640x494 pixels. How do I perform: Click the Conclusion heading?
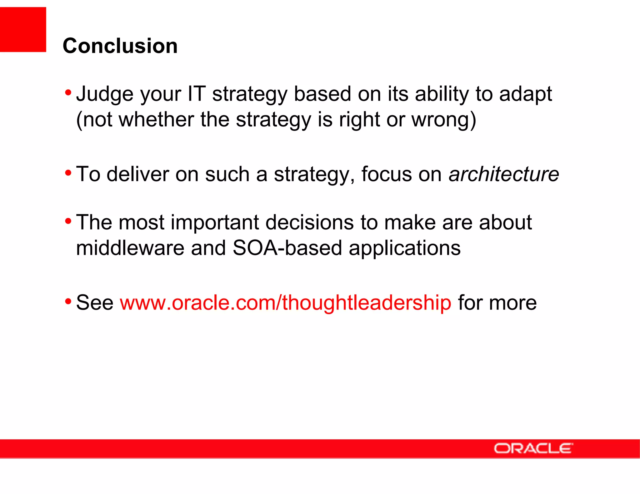click(x=120, y=46)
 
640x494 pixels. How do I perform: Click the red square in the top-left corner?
click(x=23, y=29)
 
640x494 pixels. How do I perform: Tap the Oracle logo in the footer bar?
click(x=533, y=448)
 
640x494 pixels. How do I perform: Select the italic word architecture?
click(x=503, y=174)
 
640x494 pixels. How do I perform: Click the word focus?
click(x=386, y=174)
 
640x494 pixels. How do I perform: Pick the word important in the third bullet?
click(x=215, y=222)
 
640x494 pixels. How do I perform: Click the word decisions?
click(x=310, y=222)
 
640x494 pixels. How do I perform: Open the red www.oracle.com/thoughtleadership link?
click(x=285, y=303)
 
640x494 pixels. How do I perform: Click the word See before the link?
click(x=95, y=303)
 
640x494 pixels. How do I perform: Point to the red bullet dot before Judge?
click(x=68, y=92)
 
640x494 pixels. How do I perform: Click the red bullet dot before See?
click(x=68, y=302)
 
